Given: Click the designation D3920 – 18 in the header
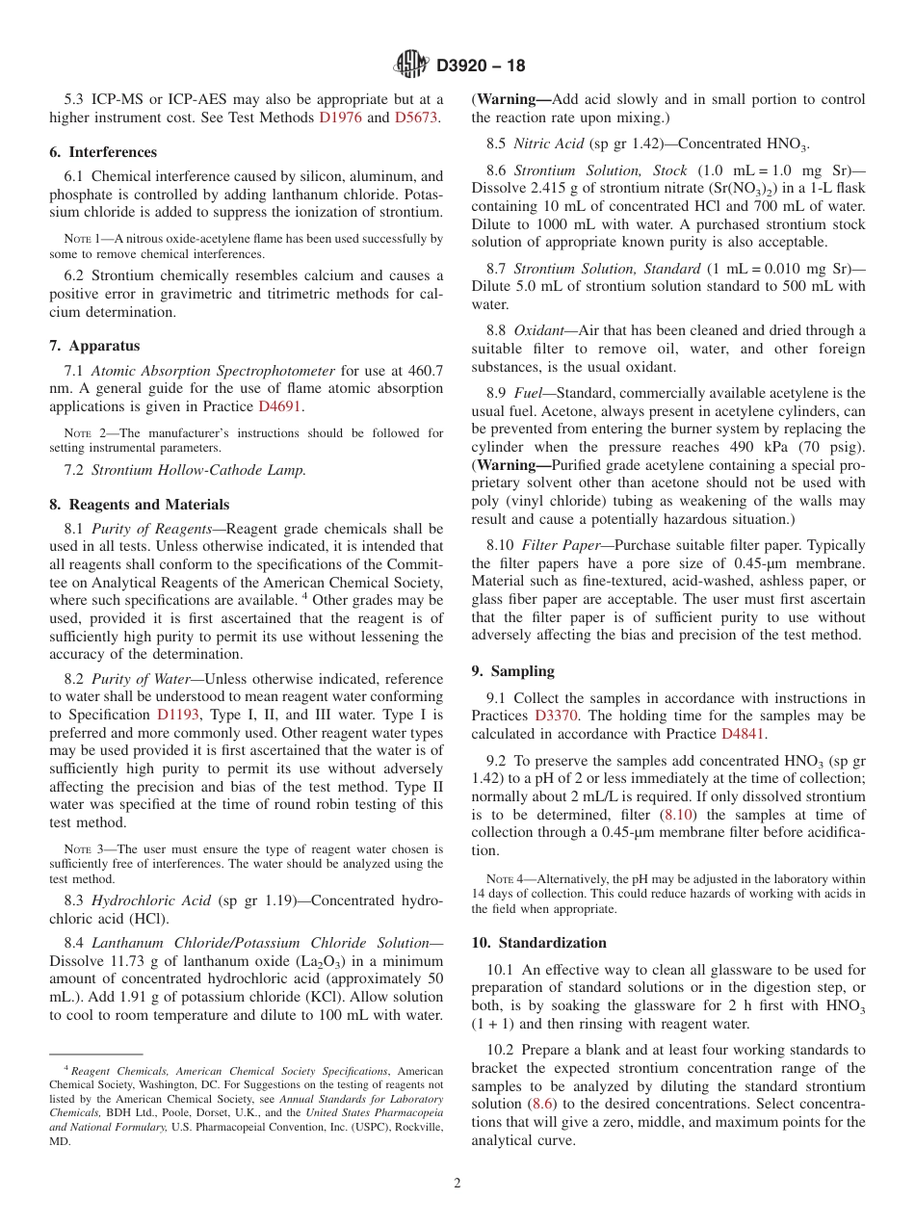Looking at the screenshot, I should tap(481, 66).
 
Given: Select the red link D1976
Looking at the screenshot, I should tap(340, 117).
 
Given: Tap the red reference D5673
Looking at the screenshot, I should tap(416, 117).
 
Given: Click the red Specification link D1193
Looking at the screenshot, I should tap(177, 715).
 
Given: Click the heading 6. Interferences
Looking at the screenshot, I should tap(103, 152).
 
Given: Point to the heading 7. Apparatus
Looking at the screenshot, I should tap(94, 346).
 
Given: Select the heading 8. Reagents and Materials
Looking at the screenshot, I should tap(140, 505).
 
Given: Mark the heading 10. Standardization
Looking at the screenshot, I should tap(538, 943).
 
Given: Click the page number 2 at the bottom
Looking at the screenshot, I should tap(457, 1184).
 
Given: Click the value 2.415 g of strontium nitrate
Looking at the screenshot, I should tap(562, 188).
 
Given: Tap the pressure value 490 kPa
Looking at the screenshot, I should tap(756, 448).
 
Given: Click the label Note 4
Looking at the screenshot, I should tap(499, 878).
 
